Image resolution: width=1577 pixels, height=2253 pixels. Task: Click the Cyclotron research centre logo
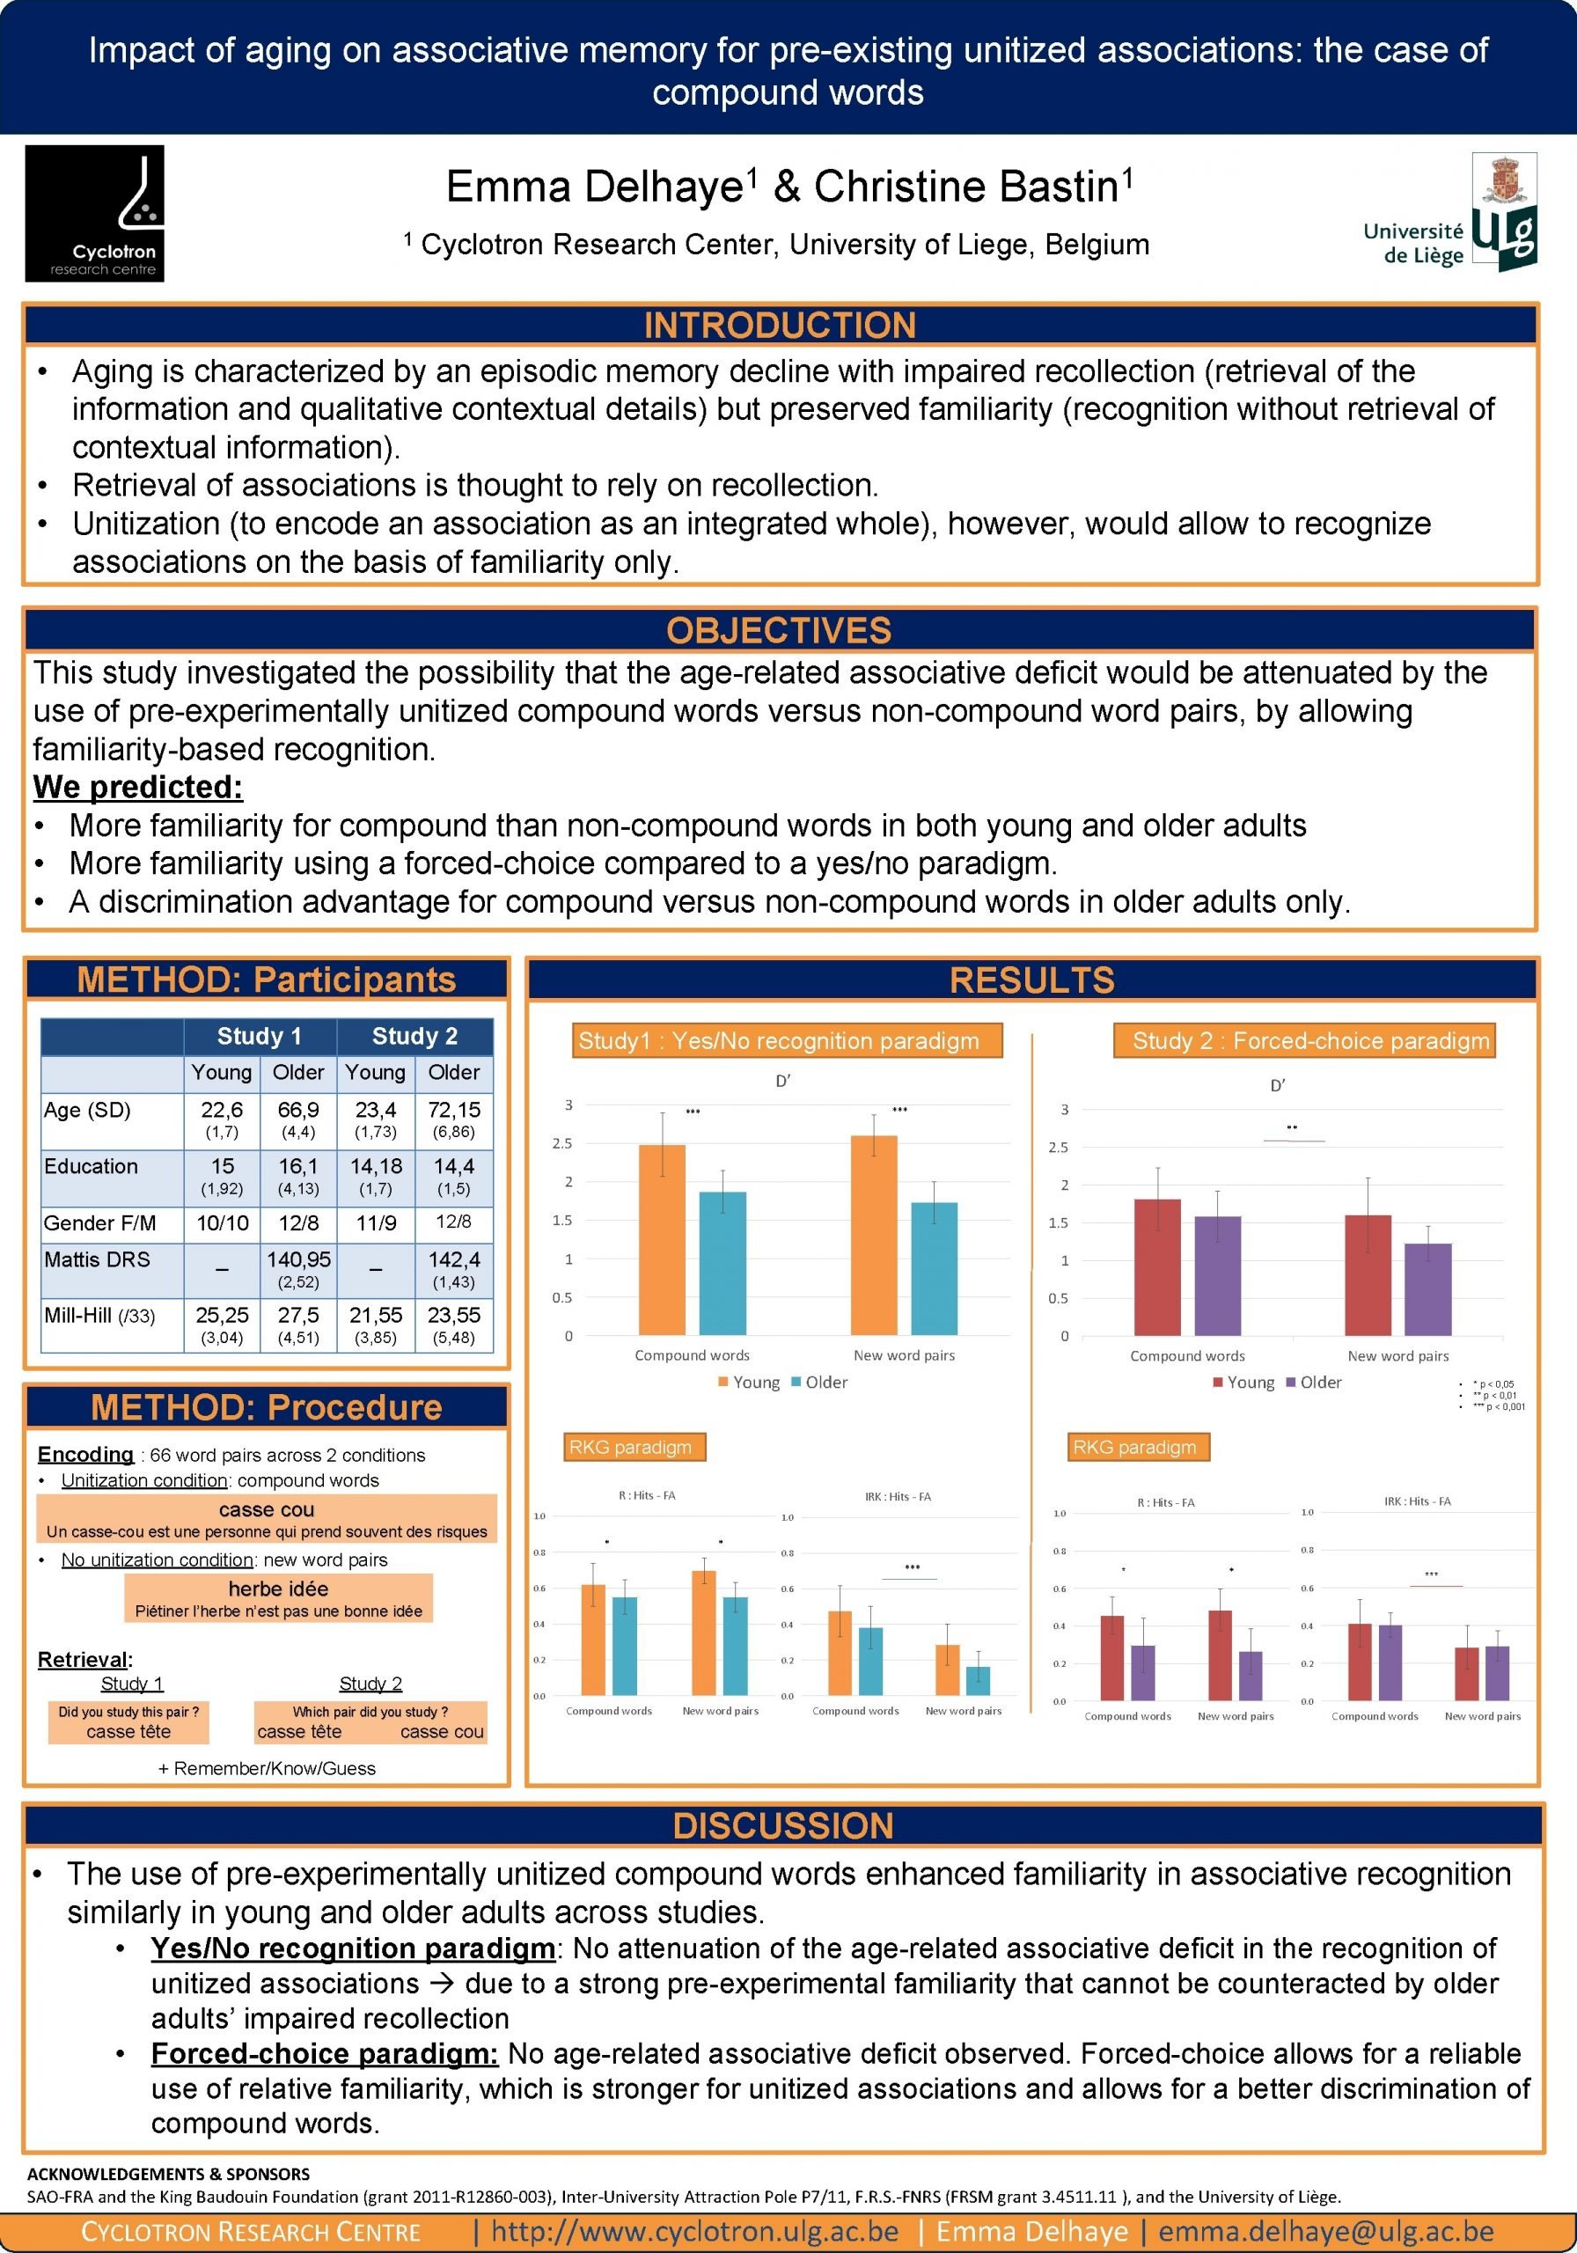[x=94, y=213]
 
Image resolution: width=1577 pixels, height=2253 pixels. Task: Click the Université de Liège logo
[x=1450, y=214]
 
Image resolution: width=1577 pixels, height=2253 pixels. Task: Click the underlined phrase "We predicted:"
[x=138, y=787]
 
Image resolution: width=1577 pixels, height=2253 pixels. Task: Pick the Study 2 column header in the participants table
[x=414, y=1036]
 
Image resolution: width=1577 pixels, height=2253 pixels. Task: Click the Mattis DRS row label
[x=97, y=1260]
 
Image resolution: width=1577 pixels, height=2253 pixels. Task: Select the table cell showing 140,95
[x=298, y=1260]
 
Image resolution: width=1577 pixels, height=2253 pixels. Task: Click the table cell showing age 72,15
[x=453, y=1110]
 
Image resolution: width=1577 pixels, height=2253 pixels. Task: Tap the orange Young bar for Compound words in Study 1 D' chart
[x=663, y=1240]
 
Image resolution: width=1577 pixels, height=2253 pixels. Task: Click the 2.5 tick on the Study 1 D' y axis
[x=562, y=1143]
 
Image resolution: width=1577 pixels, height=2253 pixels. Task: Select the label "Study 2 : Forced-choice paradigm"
[x=1303, y=1041]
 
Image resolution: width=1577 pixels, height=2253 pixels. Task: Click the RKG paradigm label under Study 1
[x=630, y=1448]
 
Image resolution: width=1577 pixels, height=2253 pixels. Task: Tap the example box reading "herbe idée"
[x=279, y=1597]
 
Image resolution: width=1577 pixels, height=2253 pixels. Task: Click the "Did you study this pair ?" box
[x=128, y=1722]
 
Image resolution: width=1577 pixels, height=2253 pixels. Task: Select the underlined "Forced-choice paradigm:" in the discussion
[x=324, y=2053]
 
